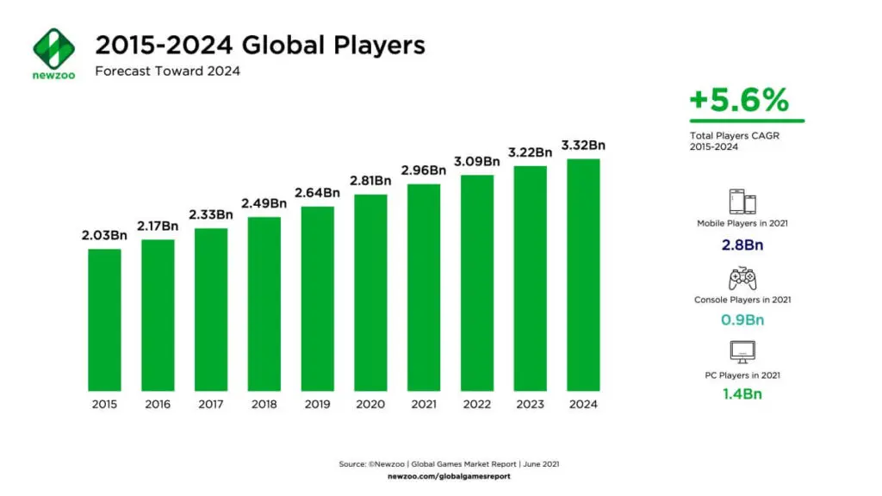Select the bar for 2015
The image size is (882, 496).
104,318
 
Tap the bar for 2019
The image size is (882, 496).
318,297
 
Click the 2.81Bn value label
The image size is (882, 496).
370,181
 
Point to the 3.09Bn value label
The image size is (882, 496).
477,161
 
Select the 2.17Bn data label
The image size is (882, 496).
158,226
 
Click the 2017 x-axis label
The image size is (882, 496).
211,404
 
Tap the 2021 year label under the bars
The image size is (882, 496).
424,404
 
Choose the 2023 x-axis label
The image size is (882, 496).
530,404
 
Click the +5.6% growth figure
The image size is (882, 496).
739,101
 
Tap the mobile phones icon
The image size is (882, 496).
743,201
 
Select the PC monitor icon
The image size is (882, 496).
742,352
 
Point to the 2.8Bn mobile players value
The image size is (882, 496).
742,245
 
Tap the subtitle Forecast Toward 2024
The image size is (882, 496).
167,71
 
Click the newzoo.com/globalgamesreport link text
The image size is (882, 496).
450,475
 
